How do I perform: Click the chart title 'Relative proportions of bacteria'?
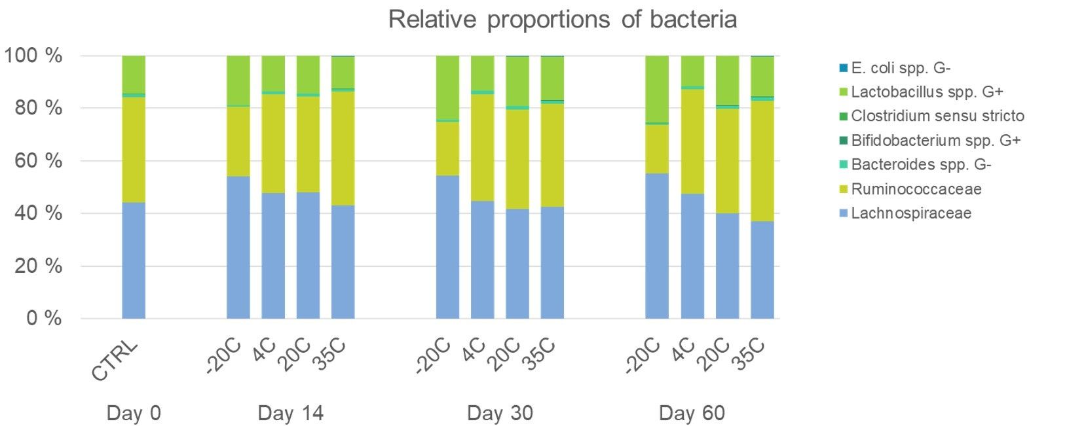pos(562,20)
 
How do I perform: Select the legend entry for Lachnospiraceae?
pos(910,213)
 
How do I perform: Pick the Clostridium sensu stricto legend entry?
pos(937,116)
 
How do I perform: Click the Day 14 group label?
pos(290,414)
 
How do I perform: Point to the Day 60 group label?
pos(692,414)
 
